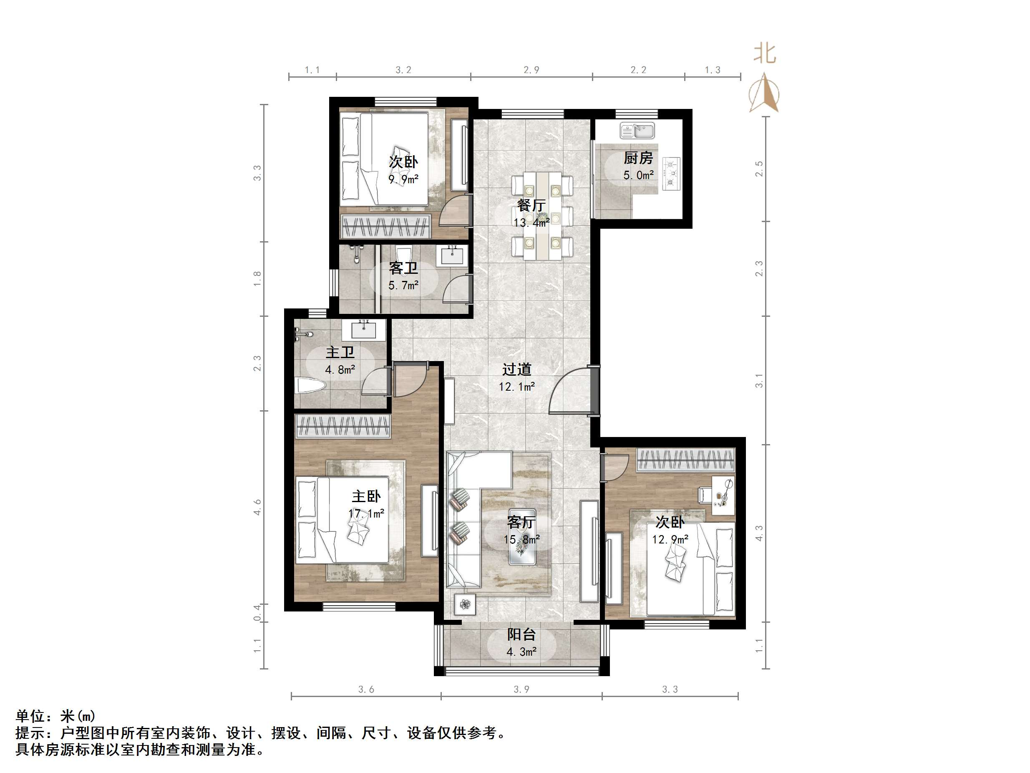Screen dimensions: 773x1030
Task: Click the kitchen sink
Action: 637,131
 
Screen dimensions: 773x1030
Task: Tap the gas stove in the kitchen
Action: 671,173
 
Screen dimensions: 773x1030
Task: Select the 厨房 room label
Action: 638,159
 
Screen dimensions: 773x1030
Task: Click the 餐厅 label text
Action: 531,205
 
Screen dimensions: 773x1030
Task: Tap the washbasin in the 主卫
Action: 364,330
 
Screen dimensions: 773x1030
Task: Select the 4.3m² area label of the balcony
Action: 521,652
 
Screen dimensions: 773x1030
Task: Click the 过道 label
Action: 516,369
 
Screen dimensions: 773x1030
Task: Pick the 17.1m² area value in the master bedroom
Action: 366,513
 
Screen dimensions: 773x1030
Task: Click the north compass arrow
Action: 764,93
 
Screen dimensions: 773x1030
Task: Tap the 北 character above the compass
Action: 765,53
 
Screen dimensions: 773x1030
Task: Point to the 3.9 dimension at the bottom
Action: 521,690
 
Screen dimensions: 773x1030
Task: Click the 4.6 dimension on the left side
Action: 257,507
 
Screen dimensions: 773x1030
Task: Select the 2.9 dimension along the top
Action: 531,70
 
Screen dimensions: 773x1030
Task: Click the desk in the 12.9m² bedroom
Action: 723,495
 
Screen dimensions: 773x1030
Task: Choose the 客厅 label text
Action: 521,522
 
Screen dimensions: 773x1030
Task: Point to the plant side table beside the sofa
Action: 465,605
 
